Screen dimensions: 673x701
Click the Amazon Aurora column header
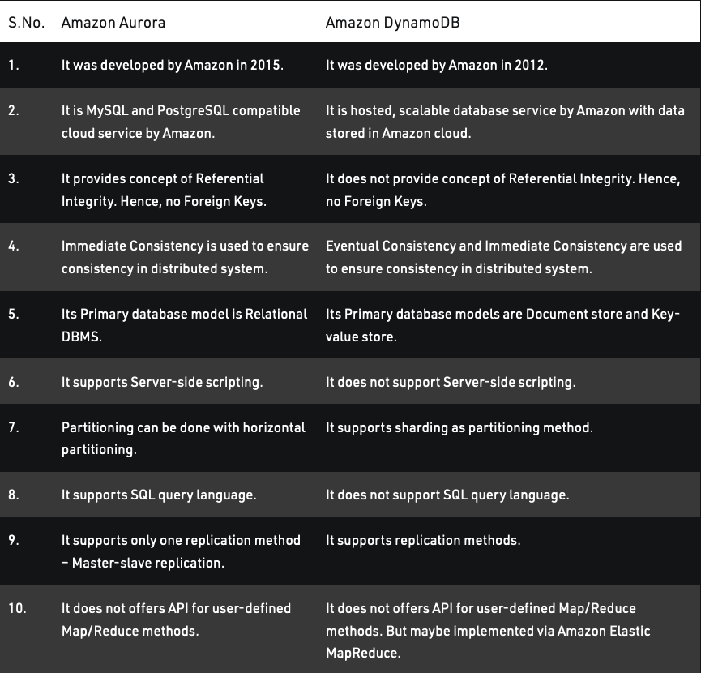[x=113, y=22]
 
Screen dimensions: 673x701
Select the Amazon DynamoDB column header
[x=392, y=22]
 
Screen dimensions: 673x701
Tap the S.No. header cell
[x=25, y=22]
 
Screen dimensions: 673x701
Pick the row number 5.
[x=14, y=314]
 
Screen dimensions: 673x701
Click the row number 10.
[x=17, y=608]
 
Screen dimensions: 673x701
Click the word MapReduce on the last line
[x=363, y=653]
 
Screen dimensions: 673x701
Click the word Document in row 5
[x=556, y=314]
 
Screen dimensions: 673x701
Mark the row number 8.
[x=14, y=495]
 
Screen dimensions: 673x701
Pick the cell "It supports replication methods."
[x=423, y=540]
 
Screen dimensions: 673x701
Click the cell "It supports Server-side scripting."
[x=162, y=382]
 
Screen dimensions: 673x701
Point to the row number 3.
[x=14, y=178]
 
